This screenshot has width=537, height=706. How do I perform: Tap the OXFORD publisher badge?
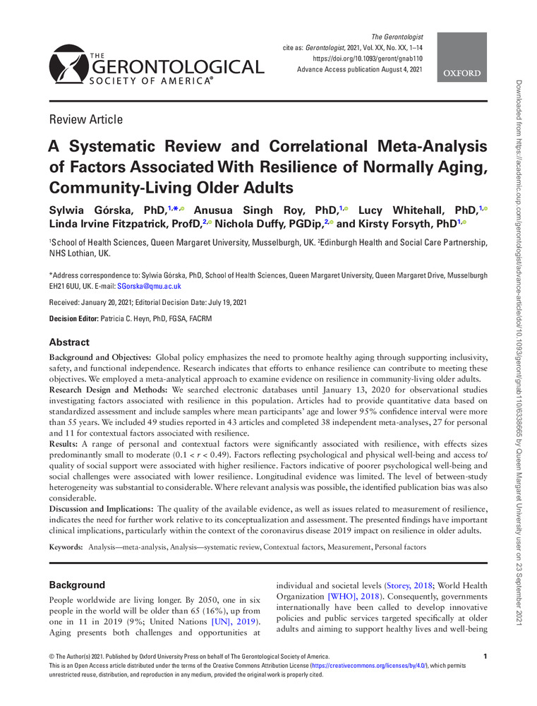(x=463, y=73)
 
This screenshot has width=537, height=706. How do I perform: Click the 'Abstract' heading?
(x=69, y=342)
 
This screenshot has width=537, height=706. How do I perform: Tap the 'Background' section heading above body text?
(x=76, y=585)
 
